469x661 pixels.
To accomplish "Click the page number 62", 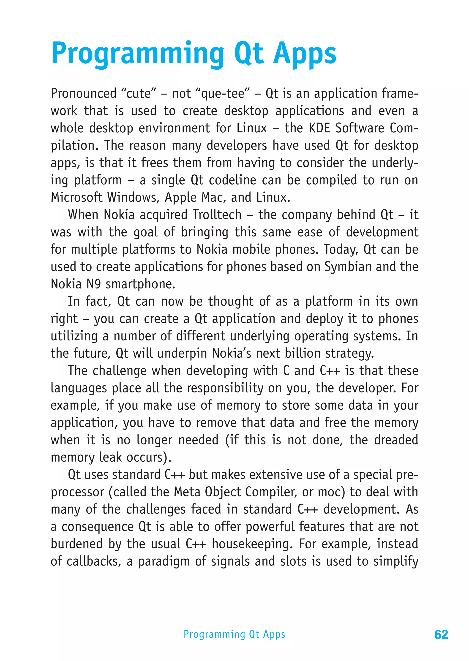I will [x=441, y=634].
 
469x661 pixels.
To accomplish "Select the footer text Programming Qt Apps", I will [x=234, y=634].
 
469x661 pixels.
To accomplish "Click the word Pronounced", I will [x=84, y=93].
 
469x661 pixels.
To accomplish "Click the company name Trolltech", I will [x=217, y=215].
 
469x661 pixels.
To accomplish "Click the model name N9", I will [x=94, y=284].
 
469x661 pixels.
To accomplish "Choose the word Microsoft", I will [x=76, y=197].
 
